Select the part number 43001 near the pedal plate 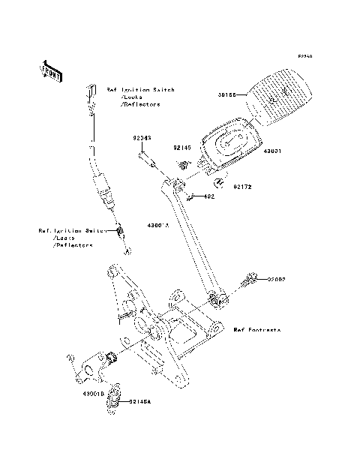pos(271,150)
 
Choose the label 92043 pos(143,138)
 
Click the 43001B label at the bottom pos(95,392)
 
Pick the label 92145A pos(139,402)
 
